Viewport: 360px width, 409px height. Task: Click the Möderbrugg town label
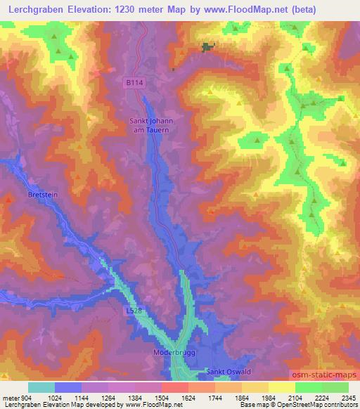[x=172, y=351]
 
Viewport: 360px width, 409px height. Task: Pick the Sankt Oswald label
[x=226, y=371]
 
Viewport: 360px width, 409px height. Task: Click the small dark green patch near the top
[x=207, y=47]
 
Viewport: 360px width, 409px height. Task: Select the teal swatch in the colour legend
[x=41, y=387]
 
